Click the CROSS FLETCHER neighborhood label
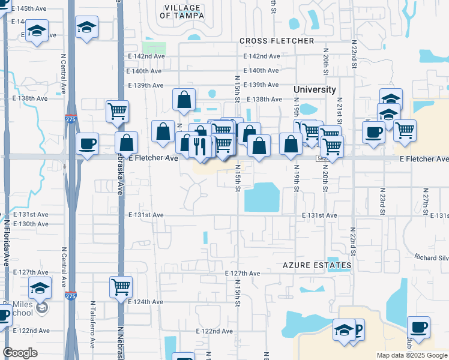point(277,41)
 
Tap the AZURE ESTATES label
point(317,265)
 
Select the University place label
point(315,89)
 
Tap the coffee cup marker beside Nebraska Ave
point(88,144)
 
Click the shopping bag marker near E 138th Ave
point(184,100)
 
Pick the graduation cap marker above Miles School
point(40,287)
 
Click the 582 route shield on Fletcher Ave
point(322,158)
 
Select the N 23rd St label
point(381,200)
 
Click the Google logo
point(20,353)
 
